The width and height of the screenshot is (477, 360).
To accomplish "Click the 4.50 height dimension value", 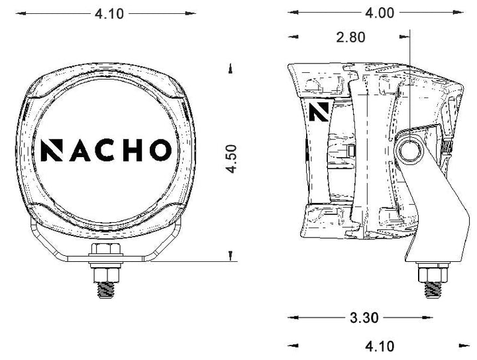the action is pyautogui.click(x=232, y=159).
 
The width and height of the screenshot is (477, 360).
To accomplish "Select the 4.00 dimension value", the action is pyautogui.click(x=380, y=13).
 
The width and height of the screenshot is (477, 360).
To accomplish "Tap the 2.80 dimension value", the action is pyautogui.click(x=350, y=37).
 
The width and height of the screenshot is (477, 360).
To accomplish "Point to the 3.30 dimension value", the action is pyautogui.click(x=364, y=318).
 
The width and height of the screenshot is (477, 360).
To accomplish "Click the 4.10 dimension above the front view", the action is pyautogui.click(x=109, y=14).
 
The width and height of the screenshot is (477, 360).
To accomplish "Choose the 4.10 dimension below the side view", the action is pyautogui.click(x=380, y=347).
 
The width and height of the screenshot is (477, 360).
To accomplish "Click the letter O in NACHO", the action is pyautogui.click(x=160, y=150).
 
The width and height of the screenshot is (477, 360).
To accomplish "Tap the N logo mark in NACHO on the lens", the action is pyautogui.click(x=52, y=150).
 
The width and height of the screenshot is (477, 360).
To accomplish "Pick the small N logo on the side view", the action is pyautogui.click(x=319, y=111).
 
